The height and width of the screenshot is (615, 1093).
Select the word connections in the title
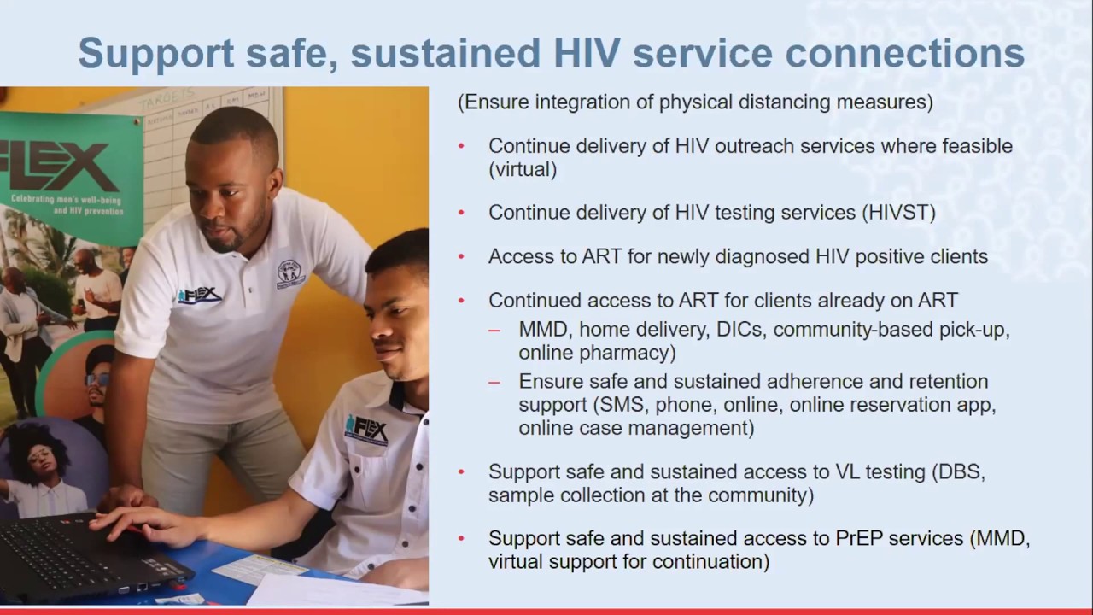905,53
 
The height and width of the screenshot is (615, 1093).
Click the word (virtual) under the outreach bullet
523,169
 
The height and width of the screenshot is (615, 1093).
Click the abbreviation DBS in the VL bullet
959,471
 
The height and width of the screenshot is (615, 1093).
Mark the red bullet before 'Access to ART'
461,256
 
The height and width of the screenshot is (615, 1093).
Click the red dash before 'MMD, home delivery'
494,330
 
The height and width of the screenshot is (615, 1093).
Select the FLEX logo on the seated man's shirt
366,428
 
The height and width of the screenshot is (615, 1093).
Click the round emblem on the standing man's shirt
290,273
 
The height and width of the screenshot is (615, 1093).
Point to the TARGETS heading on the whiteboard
167,101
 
